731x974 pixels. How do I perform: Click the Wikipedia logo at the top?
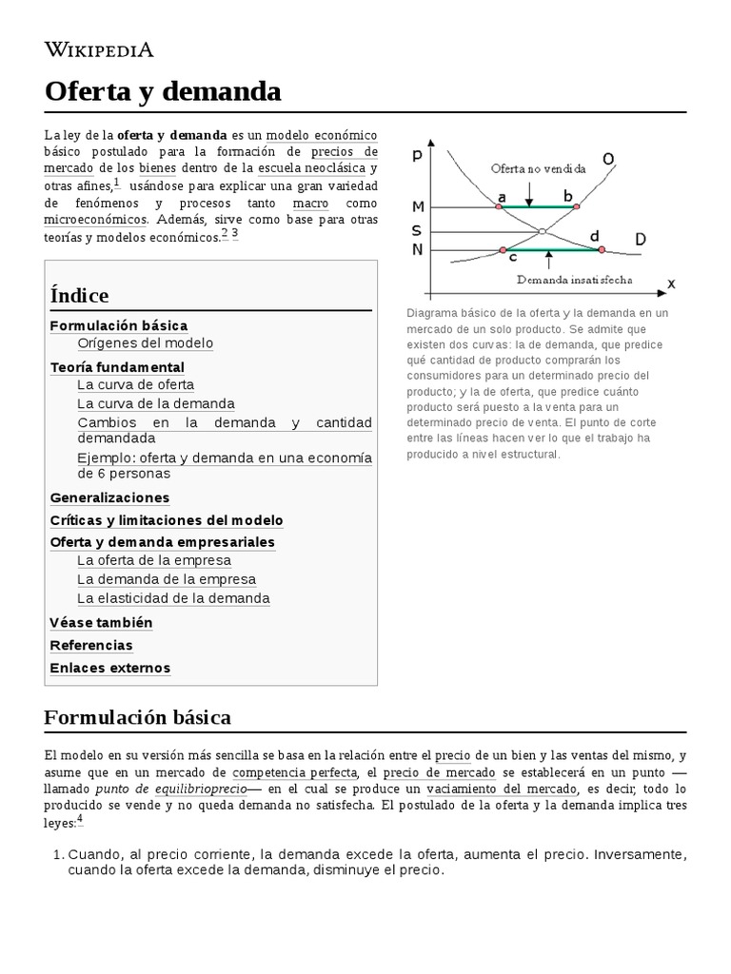tap(99, 49)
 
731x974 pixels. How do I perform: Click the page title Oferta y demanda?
tap(163, 91)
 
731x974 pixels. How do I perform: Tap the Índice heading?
tap(79, 295)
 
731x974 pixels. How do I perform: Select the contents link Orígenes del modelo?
tap(146, 343)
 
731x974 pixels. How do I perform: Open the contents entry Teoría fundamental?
tap(117, 367)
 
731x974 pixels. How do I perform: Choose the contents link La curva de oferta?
tap(135, 385)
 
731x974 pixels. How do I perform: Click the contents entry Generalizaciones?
tap(109, 497)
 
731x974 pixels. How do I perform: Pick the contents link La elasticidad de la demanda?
tap(173, 598)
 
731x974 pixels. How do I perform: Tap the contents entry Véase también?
tap(101, 623)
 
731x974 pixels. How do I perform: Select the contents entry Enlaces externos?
tap(109, 668)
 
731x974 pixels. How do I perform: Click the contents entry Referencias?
tap(91, 645)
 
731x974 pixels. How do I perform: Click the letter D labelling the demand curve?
tap(640, 240)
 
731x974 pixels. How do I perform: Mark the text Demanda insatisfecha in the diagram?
tap(574, 281)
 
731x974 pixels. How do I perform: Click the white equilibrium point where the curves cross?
tap(542, 231)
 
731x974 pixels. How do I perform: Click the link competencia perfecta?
tap(295, 772)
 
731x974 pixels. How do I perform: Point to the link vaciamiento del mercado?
tap(502, 789)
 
